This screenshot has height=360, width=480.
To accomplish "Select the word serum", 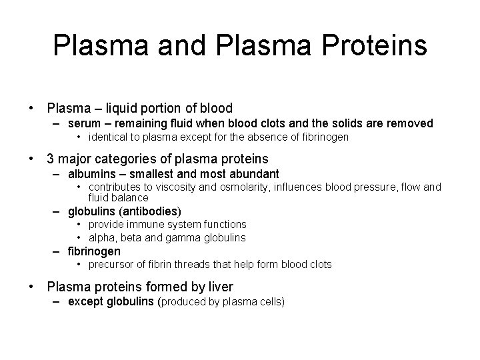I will (83, 123).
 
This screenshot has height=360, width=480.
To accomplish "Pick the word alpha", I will (101, 238).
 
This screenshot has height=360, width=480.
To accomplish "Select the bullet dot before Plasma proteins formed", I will (31, 287).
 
